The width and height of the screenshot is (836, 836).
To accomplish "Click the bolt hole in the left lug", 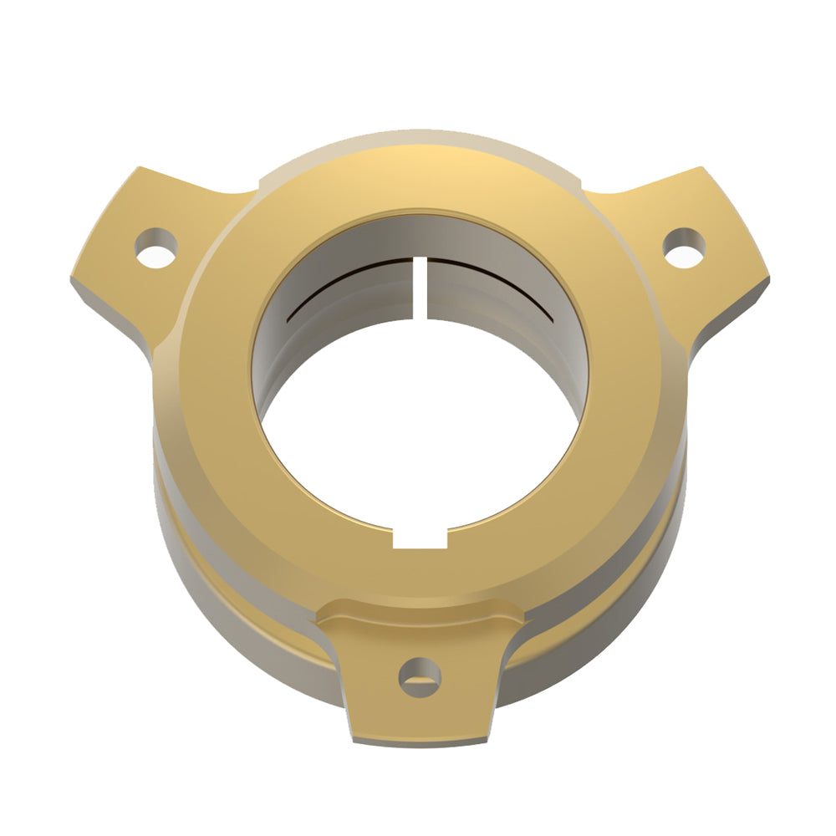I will [157, 247].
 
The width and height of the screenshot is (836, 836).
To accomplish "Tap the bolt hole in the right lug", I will [684, 247].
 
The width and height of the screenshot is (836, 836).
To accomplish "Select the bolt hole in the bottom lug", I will [419, 676].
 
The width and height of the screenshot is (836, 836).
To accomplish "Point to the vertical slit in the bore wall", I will [421, 288].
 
